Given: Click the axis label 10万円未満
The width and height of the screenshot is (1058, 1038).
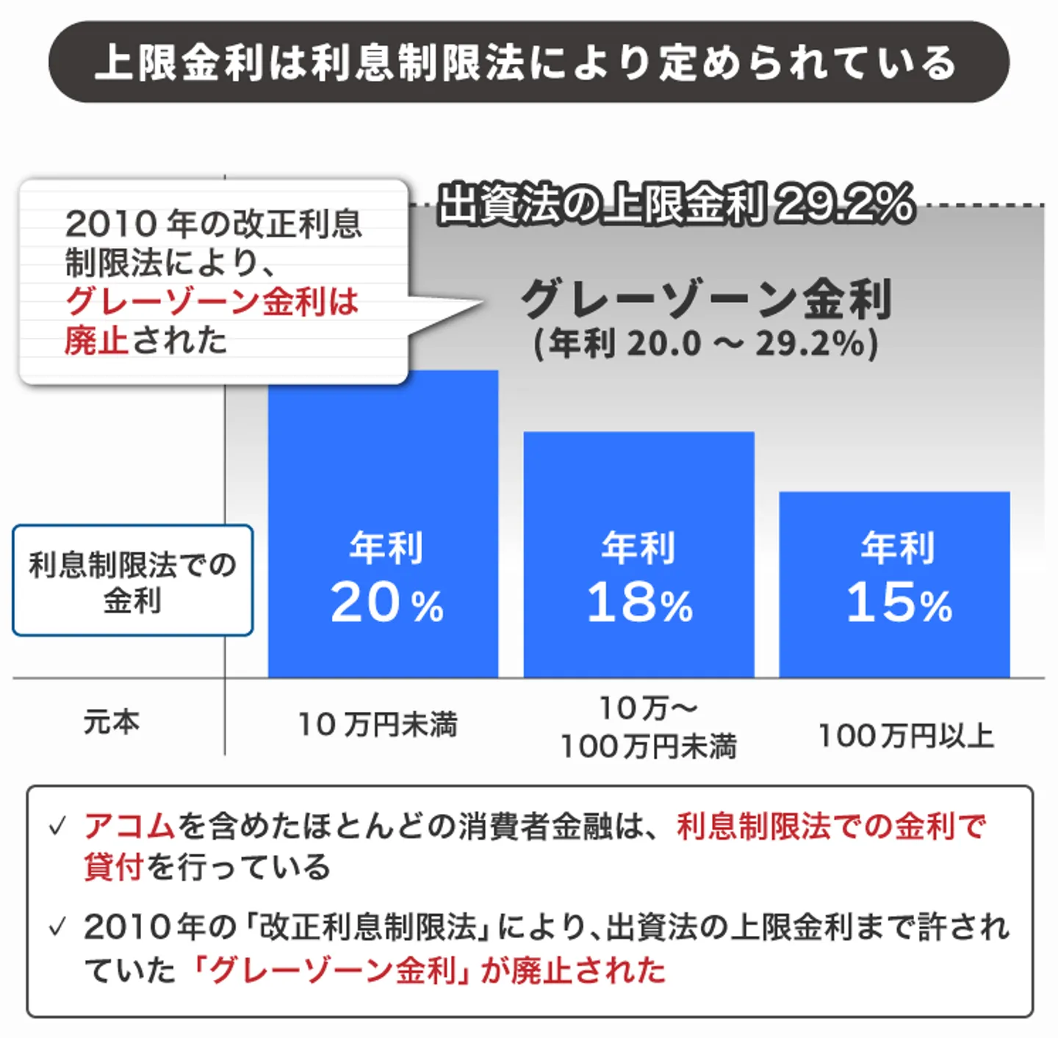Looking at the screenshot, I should pyautogui.click(x=378, y=724).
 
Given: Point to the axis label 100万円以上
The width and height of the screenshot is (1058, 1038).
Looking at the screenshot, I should pyautogui.click(x=905, y=735).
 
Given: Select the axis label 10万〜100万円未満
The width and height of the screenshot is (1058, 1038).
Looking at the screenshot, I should pyautogui.click(x=648, y=727).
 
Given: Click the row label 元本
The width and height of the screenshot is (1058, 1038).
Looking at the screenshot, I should pyautogui.click(x=111, y=722).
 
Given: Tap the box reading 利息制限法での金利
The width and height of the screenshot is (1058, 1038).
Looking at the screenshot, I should pyautogui.click(x=132, y=580).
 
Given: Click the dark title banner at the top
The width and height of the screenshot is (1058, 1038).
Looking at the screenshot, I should pyautogui.click(x=528, y=62).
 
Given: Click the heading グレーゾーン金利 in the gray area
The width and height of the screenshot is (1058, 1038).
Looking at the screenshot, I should pyautogui.click(x=705, y=299).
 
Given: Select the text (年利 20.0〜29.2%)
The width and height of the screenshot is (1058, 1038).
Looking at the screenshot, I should pyautogui.click(x=705, y=343).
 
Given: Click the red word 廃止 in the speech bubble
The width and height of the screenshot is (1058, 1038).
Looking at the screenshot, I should pyautogui.click(x=96, y=340).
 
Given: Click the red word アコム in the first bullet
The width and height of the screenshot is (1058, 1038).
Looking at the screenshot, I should pyautogui.click(x=129, y=826).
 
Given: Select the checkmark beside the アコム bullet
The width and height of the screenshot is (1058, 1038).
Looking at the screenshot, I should pyautogui.click(x=57, y=826).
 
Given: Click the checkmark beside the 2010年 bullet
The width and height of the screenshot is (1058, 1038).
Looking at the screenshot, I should pyautogui.click(x=57, y=926).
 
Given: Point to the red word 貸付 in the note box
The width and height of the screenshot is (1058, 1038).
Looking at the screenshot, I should pyautogui.click(x=113, y=867).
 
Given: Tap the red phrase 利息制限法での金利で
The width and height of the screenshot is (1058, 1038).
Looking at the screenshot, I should pyautogui.click(x=830, y=826).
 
